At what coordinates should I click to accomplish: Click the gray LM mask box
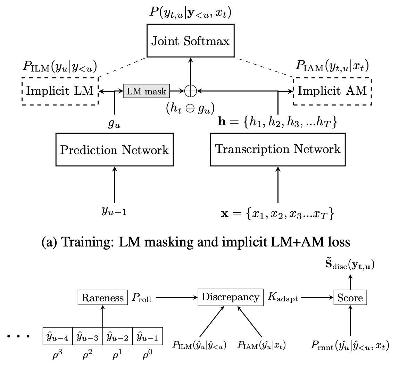coord(147,91)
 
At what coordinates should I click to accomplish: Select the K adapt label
coord(283,298)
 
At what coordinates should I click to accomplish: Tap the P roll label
coord(141,298)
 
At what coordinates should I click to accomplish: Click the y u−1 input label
coord(114,211)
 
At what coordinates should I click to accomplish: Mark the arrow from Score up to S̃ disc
coord(350,282)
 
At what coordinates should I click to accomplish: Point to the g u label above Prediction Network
coord(114,124)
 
